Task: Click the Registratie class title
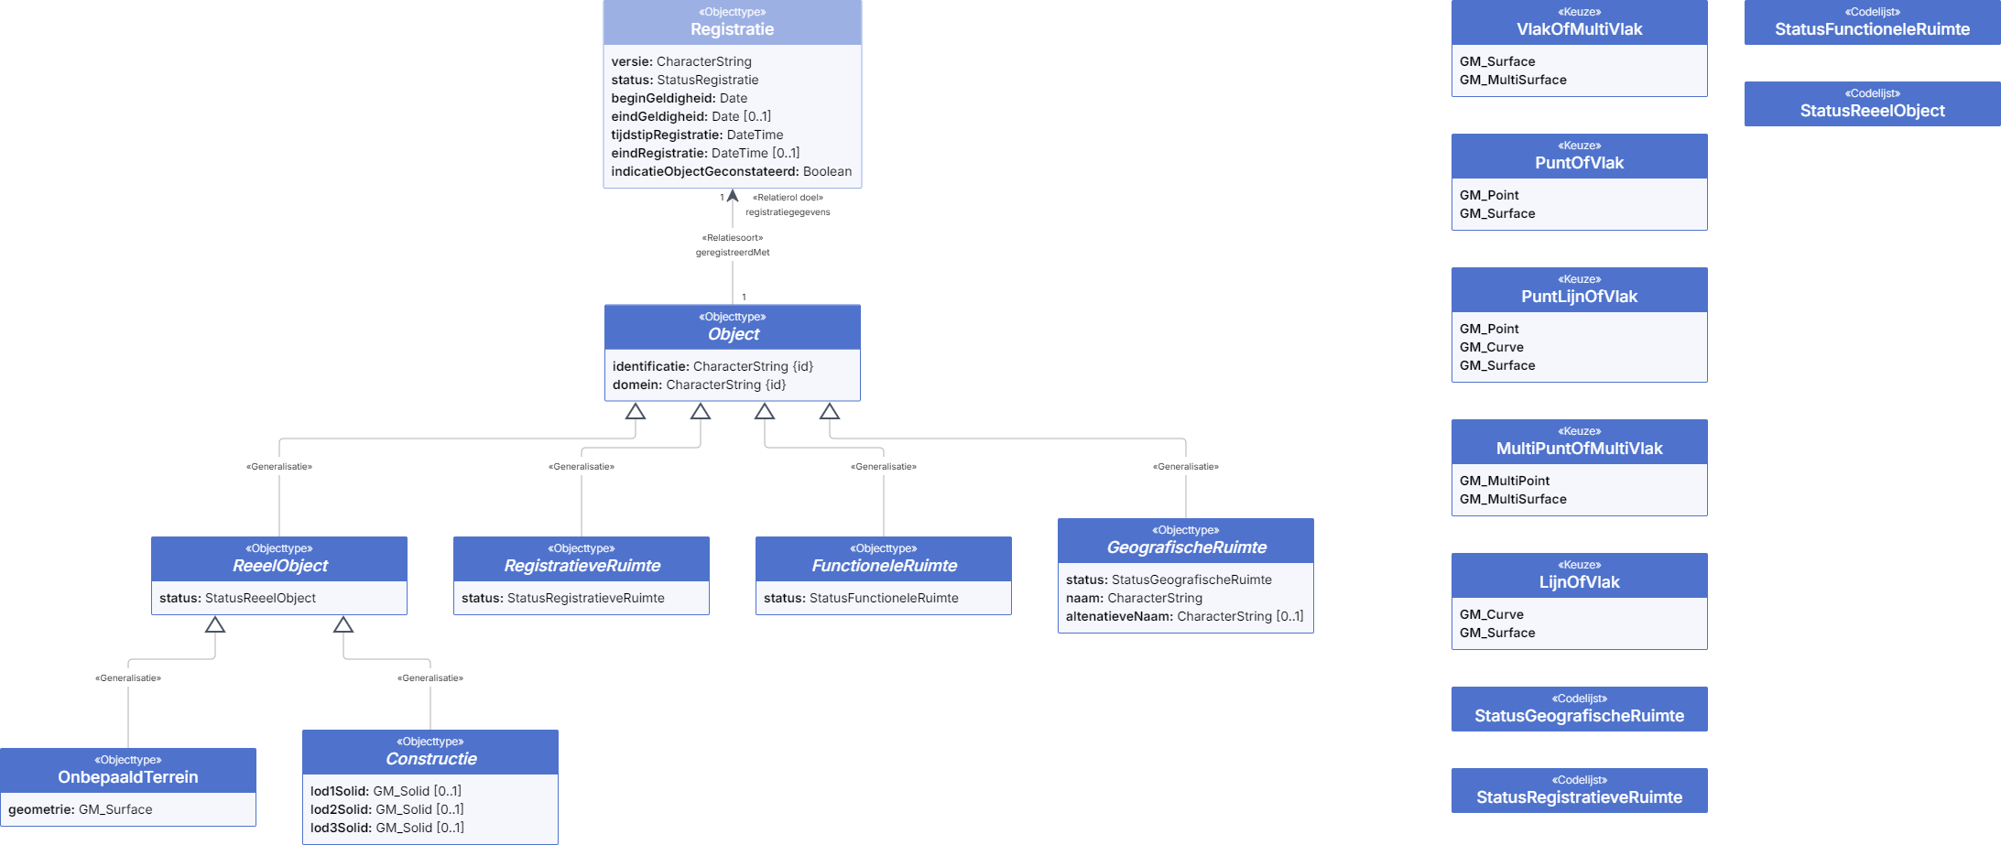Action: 732,29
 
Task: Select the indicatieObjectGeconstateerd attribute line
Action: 731,171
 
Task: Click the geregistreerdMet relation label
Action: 732,252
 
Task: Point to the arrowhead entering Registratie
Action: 732,195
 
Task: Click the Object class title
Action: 733,334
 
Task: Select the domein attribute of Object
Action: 699,385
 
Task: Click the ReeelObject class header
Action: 279,558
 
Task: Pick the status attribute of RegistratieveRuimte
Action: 562,598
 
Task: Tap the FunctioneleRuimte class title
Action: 884,566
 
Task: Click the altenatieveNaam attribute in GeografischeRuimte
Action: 1184,616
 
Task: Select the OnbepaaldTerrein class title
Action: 128,777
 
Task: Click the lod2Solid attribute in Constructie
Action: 386,809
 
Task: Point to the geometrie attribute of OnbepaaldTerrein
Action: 81,809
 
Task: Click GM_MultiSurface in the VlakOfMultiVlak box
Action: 1513,80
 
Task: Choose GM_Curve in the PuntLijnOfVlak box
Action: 1491,347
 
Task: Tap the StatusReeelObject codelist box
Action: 1872,103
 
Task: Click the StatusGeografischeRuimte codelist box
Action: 1579,709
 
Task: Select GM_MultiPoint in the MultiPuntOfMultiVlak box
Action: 1505,481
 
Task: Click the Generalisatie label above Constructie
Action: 430,678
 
